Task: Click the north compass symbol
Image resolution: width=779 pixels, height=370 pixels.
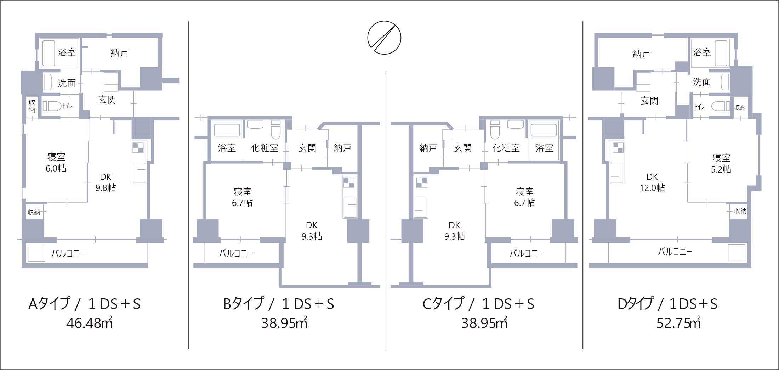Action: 384,38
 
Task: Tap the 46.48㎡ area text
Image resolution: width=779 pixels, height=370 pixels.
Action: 90,323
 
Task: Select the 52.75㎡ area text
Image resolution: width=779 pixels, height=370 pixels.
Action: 678,323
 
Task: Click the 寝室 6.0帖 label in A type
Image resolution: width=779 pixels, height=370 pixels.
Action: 56,163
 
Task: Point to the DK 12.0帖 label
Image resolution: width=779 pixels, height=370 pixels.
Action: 652,182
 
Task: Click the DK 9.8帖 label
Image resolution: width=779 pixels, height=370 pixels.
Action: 106,182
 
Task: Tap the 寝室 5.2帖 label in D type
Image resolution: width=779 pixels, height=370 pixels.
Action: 721,163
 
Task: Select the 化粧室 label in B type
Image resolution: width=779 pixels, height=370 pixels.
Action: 265,148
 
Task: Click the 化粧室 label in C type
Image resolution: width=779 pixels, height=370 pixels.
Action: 506,148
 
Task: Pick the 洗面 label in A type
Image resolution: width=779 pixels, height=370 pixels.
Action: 67,83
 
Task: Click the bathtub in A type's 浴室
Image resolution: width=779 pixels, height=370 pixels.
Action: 49,53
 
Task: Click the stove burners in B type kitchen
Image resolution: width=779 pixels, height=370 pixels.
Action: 349,183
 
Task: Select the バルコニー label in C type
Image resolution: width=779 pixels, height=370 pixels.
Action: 526,253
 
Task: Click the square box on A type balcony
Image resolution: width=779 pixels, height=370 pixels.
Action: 36,253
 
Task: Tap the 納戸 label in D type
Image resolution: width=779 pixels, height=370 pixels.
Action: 641,54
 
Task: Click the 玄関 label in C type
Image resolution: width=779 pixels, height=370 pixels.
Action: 462,148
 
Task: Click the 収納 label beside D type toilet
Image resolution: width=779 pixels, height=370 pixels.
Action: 740,107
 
